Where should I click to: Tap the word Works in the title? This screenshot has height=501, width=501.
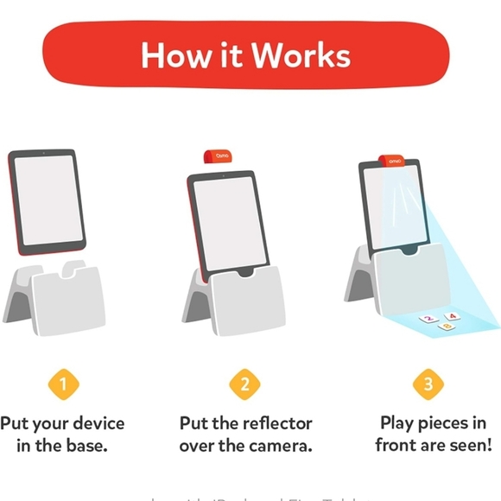pyautogui.click(x=298, y=55)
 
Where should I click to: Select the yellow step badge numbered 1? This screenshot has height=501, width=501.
pyautogui.click(x=62, y=384)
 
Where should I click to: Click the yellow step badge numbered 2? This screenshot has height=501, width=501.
pyautogui.click(x=244, y=384)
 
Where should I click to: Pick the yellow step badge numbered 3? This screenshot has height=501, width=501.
pyautogui.click(x=429, y=384)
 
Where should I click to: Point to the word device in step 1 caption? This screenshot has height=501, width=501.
pyautogui.click(x=95, y=424)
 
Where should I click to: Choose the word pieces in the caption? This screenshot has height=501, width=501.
pyautogui.click(x=453, y=424)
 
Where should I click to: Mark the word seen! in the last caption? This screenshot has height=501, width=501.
pyautogui.click(x=467, y=447)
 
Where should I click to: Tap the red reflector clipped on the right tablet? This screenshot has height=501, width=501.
pyautogui.click(x=394, y=160)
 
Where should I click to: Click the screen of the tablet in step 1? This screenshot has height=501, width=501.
pyautogui.click(x=48, y=201)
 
